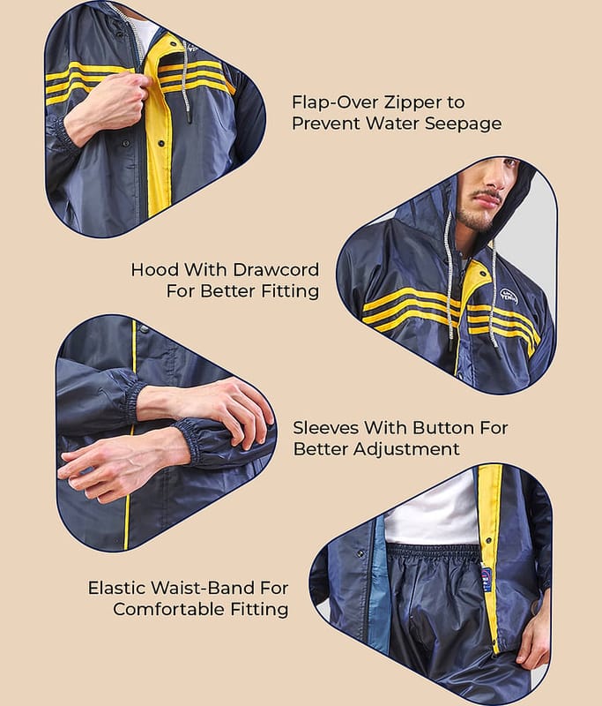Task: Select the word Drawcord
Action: point(276,270)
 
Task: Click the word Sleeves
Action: point(325,428)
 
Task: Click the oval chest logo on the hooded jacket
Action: point(509,296)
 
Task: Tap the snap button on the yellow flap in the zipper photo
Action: point(161,144)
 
